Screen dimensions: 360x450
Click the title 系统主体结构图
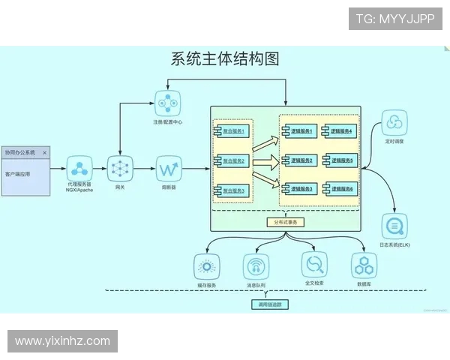225,59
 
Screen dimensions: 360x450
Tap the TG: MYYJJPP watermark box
394,18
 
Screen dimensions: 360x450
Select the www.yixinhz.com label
62,341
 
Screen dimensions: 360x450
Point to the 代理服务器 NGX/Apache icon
79,168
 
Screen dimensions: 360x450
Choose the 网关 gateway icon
120,168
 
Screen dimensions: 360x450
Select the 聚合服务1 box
234,131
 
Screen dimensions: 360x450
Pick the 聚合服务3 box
234,190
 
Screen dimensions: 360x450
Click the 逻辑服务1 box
300,131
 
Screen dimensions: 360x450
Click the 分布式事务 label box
286,222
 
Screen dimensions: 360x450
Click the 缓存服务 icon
206,266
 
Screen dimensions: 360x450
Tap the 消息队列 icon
256,266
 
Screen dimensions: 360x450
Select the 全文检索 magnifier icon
314,264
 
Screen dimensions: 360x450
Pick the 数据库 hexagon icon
364,265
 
